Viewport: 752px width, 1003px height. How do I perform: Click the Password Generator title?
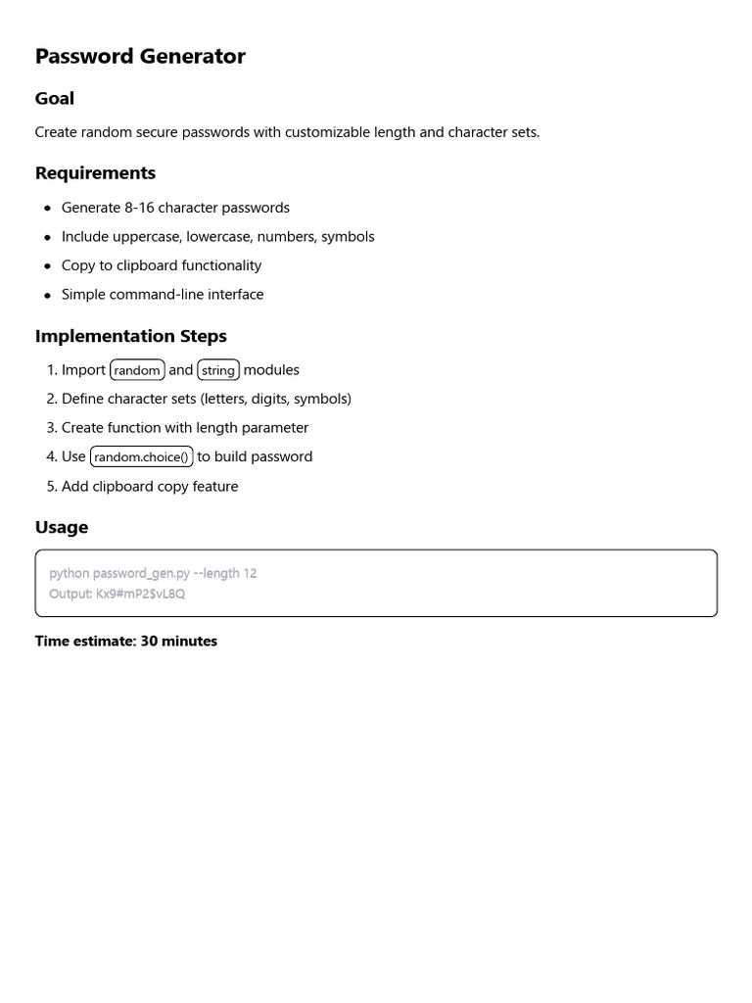140,57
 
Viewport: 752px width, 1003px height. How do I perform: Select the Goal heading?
55,98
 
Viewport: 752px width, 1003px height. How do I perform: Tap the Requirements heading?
95,173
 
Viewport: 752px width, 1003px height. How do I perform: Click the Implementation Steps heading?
131,336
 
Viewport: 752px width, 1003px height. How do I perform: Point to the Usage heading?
62,527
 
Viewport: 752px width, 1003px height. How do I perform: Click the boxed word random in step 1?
137,370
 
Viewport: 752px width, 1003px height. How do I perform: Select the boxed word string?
218,370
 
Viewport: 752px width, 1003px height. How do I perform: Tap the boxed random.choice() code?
141,457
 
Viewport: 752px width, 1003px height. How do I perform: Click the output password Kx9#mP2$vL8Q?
140,594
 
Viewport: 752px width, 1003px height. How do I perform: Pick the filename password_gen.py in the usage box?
141,573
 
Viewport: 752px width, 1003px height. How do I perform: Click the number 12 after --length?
250,573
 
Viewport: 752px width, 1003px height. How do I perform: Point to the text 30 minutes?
179,642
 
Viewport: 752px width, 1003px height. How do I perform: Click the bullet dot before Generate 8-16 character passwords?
47,209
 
